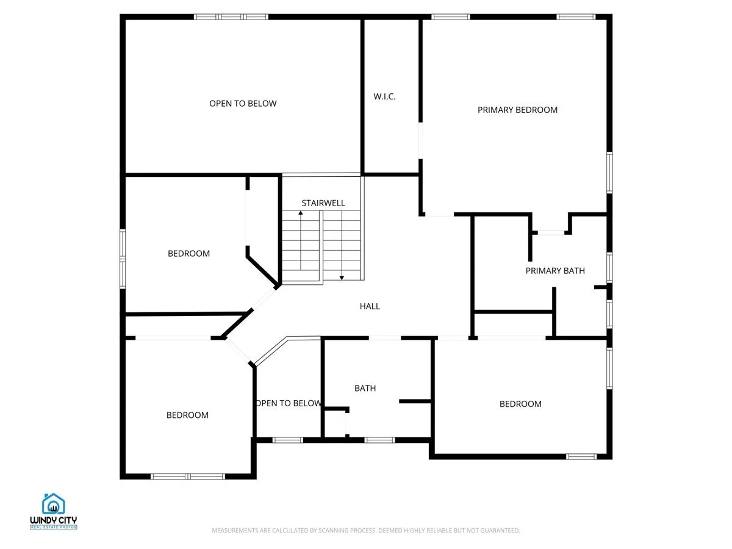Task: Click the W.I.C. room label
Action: pos(384,96)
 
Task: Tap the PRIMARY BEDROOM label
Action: pos(517,110)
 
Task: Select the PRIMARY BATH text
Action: pos(555,271)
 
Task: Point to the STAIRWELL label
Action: pos(323,203)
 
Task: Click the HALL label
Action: pos(370,306)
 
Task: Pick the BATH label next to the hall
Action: pos(365,389)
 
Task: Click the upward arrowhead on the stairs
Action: pos(301,213)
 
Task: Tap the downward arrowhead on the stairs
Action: pos(342,278)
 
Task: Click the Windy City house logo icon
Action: pos(53,504)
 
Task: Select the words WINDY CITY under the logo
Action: pos(53,520)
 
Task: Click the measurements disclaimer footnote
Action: pos(365,530)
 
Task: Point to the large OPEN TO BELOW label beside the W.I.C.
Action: pos(243,104)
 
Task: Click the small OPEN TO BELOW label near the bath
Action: pos(288,403)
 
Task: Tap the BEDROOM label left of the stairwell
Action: pos(188,254)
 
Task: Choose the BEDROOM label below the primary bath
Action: pos(520,404)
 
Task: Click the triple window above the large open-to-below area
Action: pos(231,16)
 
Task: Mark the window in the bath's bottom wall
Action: pos(379,440)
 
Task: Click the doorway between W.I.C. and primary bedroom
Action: pos(420,141)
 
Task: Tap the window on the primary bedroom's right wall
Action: pos(609,173)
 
